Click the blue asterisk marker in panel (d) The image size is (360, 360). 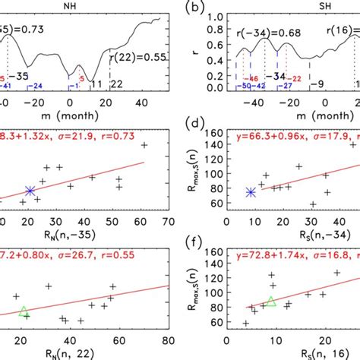point(251,192)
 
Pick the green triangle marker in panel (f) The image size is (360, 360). point(271,302)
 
